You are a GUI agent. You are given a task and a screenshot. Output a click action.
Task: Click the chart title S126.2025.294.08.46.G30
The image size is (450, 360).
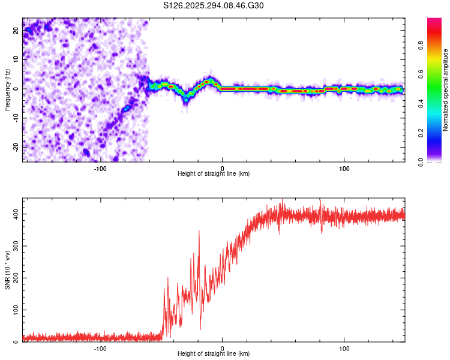tap(214, 6)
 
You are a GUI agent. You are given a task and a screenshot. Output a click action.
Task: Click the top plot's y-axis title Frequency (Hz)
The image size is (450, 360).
tap(7, 90)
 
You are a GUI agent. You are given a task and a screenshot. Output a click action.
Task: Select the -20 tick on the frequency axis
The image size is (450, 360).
tap(15, 146)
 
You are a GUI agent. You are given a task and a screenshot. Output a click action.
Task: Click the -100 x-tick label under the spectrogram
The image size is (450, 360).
tap(100, 169)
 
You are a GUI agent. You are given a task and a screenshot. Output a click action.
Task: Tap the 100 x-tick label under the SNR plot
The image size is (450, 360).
tap(344, 349)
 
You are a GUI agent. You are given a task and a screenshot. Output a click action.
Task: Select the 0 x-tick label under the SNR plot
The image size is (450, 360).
tap(223, 349)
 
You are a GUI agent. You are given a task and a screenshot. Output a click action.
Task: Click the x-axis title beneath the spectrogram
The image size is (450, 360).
tap(214, 174)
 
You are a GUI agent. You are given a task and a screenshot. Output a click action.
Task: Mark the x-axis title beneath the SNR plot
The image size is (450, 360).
tap(214, 355)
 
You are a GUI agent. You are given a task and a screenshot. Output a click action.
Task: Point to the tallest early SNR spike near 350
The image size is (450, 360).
tap(199, 232)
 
